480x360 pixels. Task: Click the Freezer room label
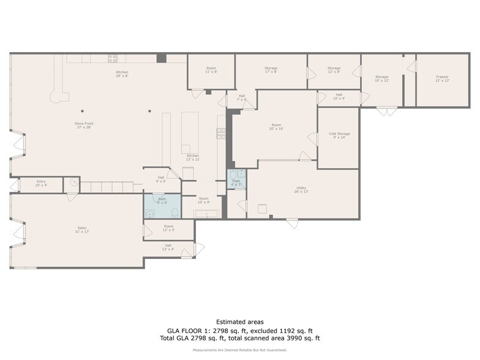pos(443,78)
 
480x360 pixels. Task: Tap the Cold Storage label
pos(339,135)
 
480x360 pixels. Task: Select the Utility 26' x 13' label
pos(301,190)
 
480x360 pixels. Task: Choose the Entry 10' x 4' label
pos(41,183)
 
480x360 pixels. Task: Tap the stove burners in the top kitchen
pos(113,58)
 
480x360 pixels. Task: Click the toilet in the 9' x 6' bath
pos(174,213)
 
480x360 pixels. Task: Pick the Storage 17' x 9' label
pos(271,70)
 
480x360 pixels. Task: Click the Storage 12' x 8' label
pos(334,70)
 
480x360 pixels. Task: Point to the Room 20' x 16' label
pos(276,127)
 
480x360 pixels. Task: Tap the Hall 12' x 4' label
pos(168,247)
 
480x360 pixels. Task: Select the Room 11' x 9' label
pos(211,70)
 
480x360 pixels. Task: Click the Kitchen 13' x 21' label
pos(193,157)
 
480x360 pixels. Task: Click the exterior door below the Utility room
pos(292,223)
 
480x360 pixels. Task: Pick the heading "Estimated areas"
pos(240,321)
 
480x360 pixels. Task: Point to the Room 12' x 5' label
pos(169,228)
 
